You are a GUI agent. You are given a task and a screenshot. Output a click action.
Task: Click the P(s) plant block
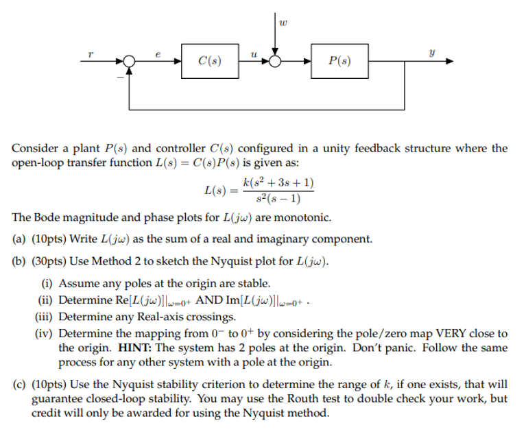point(339,60)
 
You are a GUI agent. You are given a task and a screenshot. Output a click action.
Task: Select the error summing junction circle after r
point(130,60)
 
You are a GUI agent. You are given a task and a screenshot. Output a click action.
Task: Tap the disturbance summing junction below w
point(275,60)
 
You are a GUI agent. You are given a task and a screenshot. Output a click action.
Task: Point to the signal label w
point(282,23)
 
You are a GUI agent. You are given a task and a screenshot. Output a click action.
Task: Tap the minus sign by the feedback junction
point(121,76)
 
